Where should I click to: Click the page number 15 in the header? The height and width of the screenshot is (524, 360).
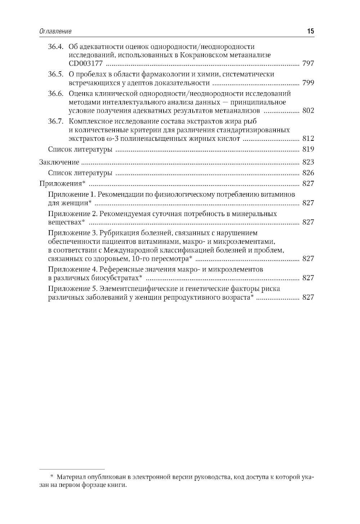(x=310, y=31)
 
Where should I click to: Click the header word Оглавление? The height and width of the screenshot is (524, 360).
(x=55, y=31)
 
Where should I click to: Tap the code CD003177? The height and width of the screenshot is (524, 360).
(x=86, y=64)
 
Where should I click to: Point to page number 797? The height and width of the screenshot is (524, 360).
(x=308, y=64)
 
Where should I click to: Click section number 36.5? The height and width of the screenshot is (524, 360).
(x=56, y=75)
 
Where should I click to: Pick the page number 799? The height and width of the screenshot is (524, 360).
(x=308, y=83)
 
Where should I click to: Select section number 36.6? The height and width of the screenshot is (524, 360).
(x=56, y=94)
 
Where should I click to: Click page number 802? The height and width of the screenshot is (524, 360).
(x=308, y=111)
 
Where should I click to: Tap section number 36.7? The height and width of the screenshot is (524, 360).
(x=56, y=121)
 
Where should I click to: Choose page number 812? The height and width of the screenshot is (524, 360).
(x=308, y=138)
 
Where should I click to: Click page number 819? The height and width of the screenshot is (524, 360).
(x=308, y=149)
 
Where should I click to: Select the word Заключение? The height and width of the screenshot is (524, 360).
(x=59, y=162)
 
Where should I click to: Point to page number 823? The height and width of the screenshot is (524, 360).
(x=308, y=162)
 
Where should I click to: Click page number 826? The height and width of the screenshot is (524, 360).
(x=308, y=173)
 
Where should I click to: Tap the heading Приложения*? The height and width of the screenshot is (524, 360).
(x=62, y=184)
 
